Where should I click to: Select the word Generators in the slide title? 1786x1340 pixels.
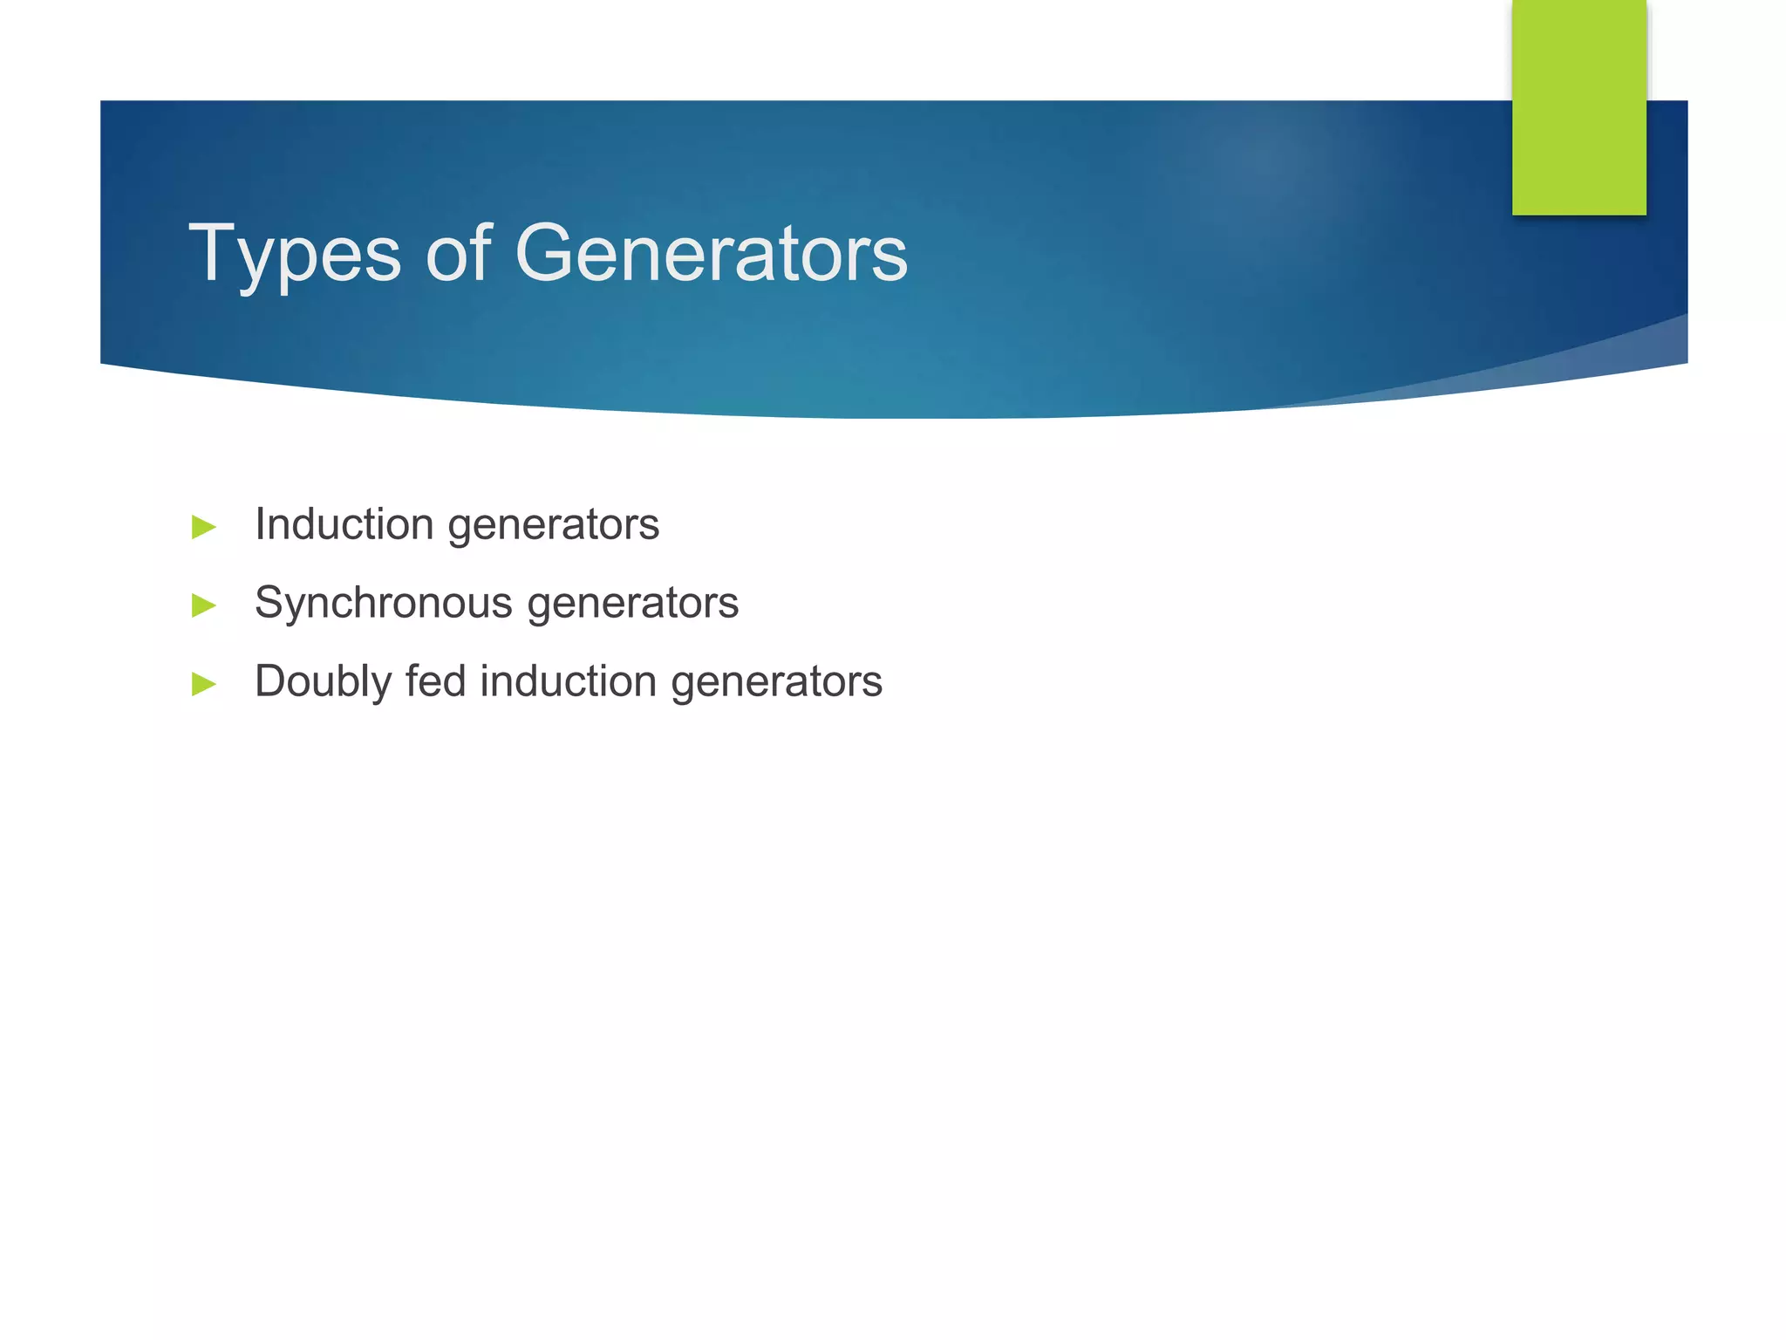(x=711, y=255)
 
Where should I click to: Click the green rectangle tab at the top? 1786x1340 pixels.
(x=1578, y=106)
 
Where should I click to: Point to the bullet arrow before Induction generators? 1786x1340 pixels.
(x=203, y=527)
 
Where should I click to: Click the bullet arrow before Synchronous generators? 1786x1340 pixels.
(x=203, y=605)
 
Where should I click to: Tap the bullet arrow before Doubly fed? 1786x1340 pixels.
(x=203, y=683)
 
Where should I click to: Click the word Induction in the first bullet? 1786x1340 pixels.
(x=344, y=524)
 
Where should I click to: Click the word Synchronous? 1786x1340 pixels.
(x=384, y=604)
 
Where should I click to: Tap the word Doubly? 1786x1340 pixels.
(x=323, y=683)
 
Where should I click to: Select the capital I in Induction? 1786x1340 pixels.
(x=260, y=524)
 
